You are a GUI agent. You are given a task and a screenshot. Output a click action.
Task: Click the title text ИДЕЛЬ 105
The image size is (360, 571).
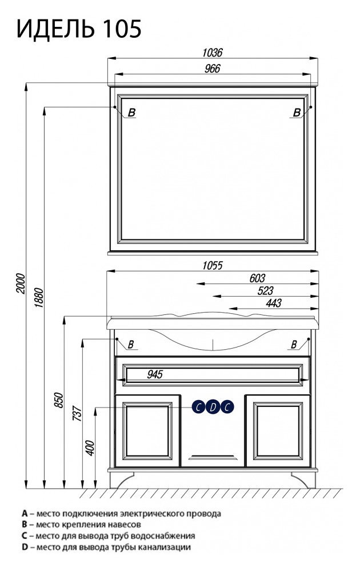coord(79,29)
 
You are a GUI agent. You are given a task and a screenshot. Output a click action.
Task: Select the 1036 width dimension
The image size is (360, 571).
coord(212,53)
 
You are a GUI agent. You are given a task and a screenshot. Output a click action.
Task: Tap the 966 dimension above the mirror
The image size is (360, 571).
coord(212,69)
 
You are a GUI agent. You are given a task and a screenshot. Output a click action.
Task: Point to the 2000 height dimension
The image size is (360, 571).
coord(21,283)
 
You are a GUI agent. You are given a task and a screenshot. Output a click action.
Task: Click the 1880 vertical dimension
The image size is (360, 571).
coord(39,298)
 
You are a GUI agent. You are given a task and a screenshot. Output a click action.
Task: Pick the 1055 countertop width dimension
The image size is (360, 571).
coord(212,265)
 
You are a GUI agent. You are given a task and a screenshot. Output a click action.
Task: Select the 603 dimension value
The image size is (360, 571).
coord(257,278)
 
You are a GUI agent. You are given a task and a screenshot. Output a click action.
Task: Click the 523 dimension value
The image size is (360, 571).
coord(265,290)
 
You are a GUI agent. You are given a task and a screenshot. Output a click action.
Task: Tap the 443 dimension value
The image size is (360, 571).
coord(273,303)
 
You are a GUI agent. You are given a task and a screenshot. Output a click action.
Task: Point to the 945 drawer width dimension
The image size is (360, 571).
coord(155,374)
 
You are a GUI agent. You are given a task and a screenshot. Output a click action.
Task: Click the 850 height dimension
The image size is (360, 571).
coord(59,400)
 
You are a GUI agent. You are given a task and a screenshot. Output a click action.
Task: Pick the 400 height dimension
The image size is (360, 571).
coord(90,448)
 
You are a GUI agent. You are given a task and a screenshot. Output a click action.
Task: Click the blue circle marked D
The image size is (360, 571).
coord(213,407)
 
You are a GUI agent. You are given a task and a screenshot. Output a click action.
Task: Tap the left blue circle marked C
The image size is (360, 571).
coord(199,407)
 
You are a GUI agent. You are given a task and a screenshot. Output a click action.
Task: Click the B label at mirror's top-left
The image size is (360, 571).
coord(131,113)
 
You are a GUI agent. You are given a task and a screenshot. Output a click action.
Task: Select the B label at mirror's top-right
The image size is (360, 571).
coord(297,113)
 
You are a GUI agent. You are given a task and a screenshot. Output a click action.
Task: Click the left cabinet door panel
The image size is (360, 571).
coord(147,431)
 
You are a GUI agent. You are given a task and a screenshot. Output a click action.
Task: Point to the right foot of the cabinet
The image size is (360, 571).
coord(303,480)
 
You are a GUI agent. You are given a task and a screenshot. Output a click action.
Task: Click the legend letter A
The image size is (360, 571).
coord(25,513)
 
